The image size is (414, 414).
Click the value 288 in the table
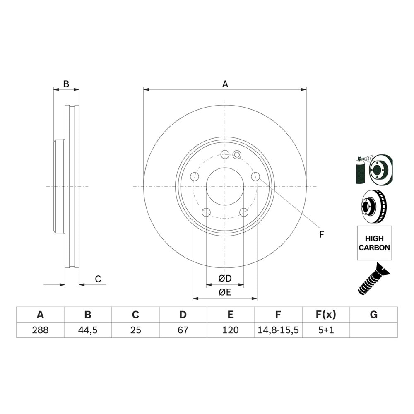click(x=40, y=330)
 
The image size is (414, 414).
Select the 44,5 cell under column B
click(x=88, y=330)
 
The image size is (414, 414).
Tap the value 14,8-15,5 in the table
click(x=278, y=330)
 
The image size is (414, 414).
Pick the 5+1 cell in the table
click(x=326, y=330)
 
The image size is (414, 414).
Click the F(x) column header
click(x=326, y=315)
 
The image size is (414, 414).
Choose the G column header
click(x=373, y=315)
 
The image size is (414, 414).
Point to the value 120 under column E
click(x=231, y=330)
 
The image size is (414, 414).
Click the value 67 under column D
click(x=183, y=330)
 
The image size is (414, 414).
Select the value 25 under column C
click(x=135, y=330)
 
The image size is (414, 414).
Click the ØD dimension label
click(x=225, y=279)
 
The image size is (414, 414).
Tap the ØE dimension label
click(x=225, y=292)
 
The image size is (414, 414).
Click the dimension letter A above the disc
click(x=225, y=84)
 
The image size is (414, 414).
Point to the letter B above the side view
click(x=66, y=84)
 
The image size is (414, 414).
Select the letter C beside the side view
click(x=98, y=279)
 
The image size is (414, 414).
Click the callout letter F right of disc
click(x=322, y=234)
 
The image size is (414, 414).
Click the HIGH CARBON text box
click(x=374, y=243)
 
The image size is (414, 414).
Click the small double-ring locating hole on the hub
click(x=237, y=155)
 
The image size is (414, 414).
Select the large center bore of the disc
click(x=224, y=186)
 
